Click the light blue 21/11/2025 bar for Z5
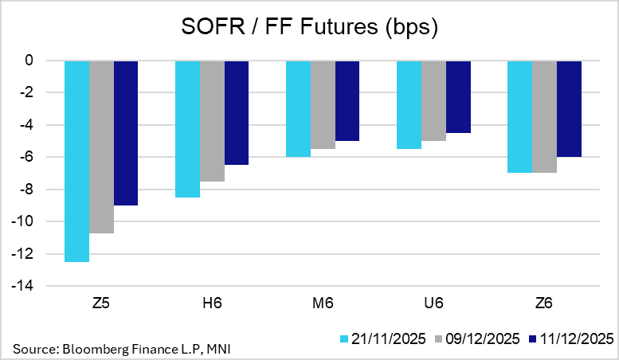[76, 161]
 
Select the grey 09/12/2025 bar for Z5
[101, 147]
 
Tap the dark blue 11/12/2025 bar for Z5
[126, 133]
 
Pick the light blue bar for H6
[187, 129]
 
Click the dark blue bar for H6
[237, 112]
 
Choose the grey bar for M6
[323, 104]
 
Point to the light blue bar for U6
[409, 104]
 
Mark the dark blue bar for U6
[458, 96]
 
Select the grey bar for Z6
[544, 116]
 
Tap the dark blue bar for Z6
[569, 108]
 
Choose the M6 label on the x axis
[323, 303]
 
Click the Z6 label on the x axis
[544, 303]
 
